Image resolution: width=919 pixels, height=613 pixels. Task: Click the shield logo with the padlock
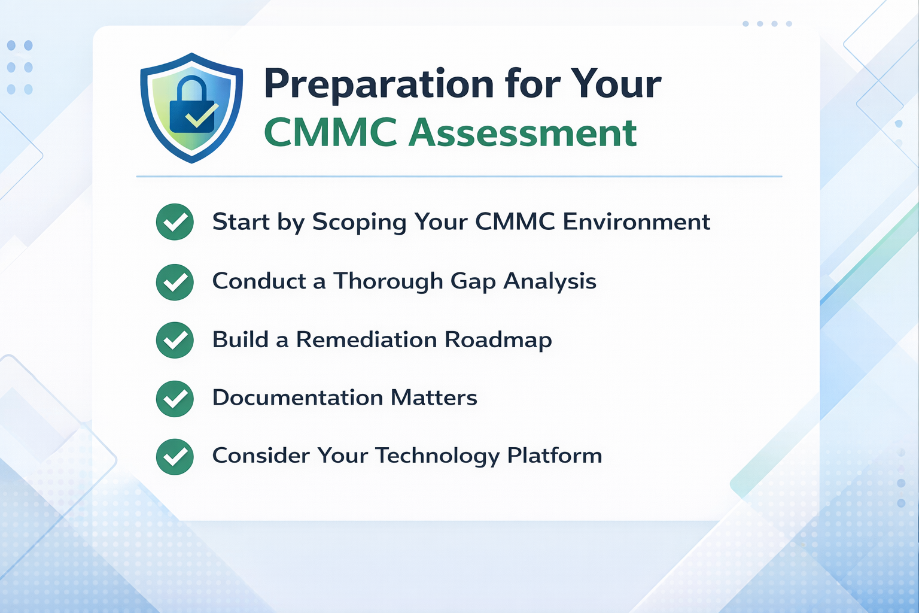click(x=191, y=108)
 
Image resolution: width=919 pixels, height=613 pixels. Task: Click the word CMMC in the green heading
click(x=330, y=132)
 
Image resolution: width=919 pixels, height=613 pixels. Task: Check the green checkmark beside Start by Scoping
click(x=175, y=222)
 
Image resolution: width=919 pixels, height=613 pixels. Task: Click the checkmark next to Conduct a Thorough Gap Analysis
click(x=175, y=281)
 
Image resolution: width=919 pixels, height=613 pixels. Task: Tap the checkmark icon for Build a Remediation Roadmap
click(x=175, y=340)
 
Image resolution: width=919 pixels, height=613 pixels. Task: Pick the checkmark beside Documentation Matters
click(x=175, y=398)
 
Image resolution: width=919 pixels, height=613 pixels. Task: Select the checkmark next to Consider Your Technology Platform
click(x=175, y=456)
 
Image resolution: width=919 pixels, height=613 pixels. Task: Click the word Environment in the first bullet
click(x=636, y=222)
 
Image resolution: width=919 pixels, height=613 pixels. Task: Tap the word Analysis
click(x=550, y=281)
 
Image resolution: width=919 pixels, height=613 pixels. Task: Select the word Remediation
click(x=366, y=340)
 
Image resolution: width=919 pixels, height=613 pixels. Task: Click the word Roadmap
click(x=498, y=340)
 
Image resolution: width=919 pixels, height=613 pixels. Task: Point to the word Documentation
click(x=297, y=398)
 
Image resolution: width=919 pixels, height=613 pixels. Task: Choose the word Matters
click(x=434, y=398)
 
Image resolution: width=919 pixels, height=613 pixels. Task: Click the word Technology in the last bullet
click(x=437, y=456)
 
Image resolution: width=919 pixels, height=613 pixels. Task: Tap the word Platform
click(x=554, y=456)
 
